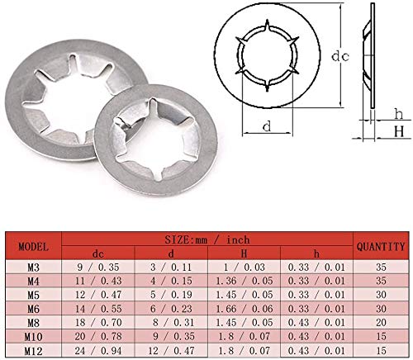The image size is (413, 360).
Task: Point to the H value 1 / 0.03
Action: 244,268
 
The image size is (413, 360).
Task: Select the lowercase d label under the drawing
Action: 267,126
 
